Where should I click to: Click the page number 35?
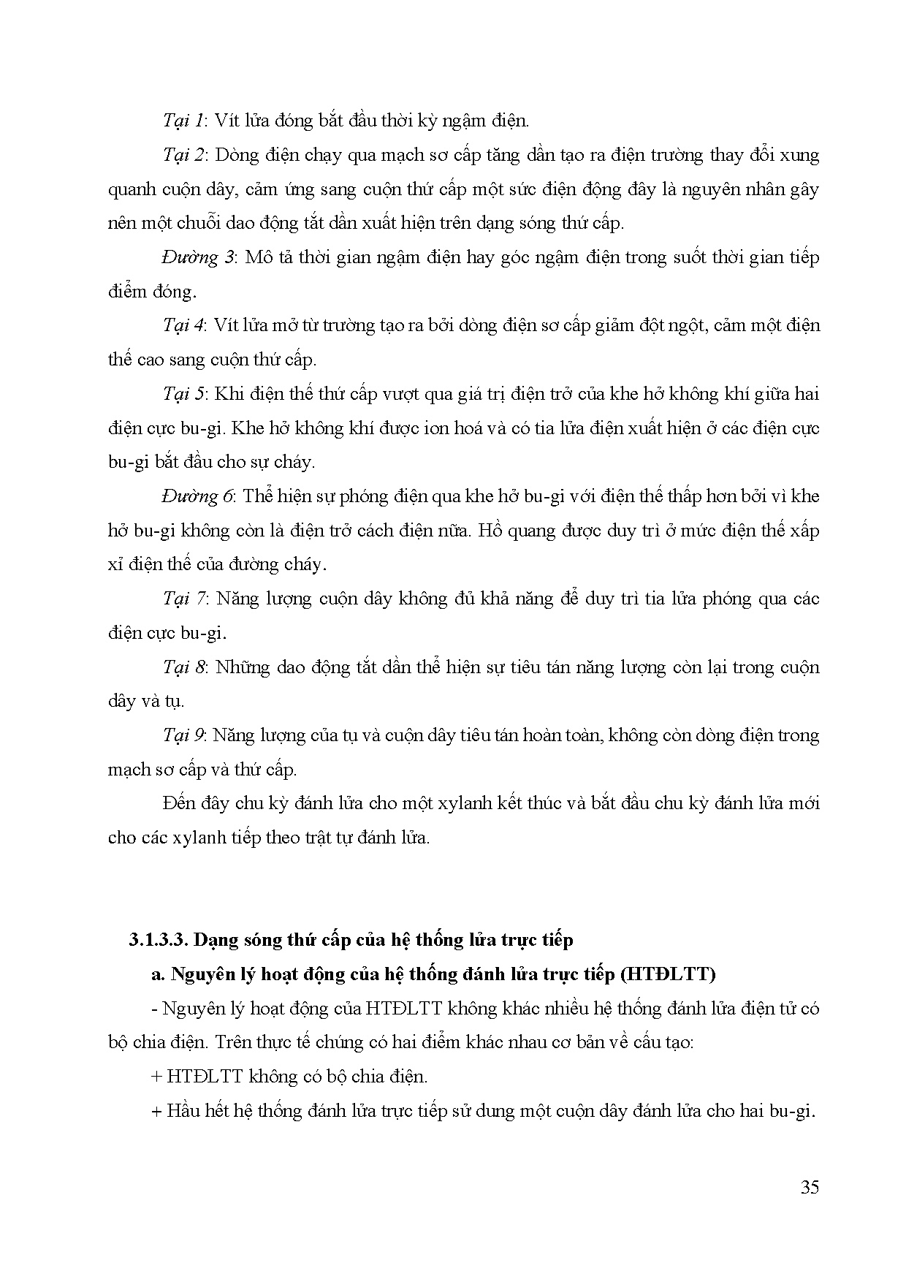(810, 1187)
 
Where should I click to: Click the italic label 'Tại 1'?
(184, 121)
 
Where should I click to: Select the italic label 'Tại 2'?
(186, 155)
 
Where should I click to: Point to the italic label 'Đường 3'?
(198, 257)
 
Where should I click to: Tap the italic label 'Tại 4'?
(184, 325)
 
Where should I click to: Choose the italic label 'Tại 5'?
(186, 394)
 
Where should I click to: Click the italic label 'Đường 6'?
(198, 496)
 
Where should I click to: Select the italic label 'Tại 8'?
(186, 667)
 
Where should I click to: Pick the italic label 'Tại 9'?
(184, 735)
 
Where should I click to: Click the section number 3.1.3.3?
(157, 940)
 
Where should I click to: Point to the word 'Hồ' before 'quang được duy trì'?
(491, 531)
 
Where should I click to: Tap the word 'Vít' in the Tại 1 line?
(226, 121)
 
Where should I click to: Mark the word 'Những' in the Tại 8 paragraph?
(243, 667)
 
